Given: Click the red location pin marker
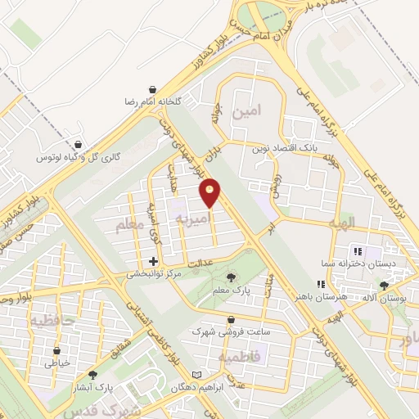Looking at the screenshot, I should click(211, 192).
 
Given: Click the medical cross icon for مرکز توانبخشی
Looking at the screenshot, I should click(153, 260).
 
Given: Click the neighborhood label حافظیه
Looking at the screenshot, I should click(53, 322).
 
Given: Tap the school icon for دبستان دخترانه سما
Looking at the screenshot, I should click(356, 250).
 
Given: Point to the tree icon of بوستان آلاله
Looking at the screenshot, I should click(385, 286).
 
